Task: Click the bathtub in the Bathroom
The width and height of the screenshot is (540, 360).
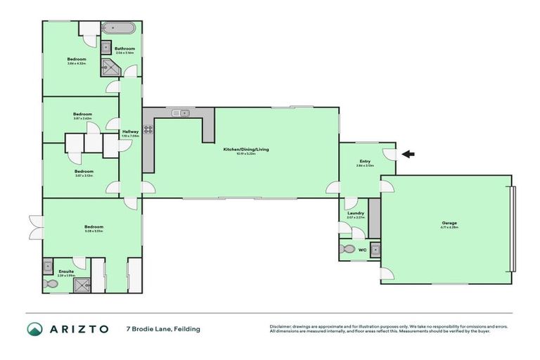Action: [x=122, y=29]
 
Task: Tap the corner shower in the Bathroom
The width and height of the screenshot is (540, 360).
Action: [x=111, y=67]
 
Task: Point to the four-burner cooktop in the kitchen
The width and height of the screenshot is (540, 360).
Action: [x=148, y=129]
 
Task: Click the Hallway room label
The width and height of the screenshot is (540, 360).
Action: [x=131, y=131]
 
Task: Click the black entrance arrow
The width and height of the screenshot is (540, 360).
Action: [x=408, y=154]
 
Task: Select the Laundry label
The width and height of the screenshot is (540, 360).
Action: [x=356, y=213]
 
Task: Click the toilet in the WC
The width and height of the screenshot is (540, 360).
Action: [x=346, y=249]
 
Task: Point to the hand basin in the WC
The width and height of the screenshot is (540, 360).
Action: [x=375, y=249]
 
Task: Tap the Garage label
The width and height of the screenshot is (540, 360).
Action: [x=449, y=223]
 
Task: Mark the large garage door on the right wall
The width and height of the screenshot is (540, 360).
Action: [x=515, y=230]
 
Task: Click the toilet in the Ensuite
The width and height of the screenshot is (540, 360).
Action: [x=51, y=284]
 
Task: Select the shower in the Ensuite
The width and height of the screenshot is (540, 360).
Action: [x=82, y=284]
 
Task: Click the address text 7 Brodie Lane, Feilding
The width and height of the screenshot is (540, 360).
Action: [x=163, y=329]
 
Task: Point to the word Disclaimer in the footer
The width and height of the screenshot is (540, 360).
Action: [x=281, y=326]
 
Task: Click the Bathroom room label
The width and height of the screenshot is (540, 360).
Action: [x=124, y=49]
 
